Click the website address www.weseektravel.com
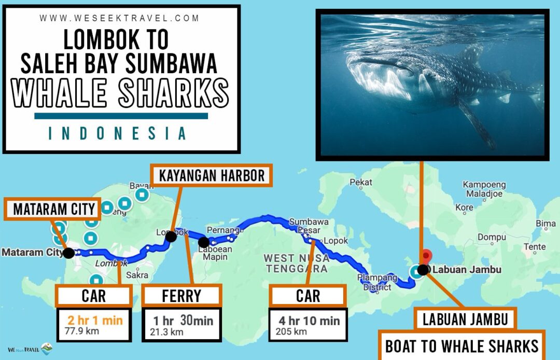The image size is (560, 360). tap(120, 18)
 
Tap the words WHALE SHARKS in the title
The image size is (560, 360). tap(121, 94)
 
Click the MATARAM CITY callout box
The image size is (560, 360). tap(54, 210)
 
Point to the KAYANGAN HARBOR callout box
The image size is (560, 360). tap(212, 176)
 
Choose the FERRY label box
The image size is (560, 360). tap(181, 296)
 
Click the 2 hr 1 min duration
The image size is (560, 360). tap(94, 320)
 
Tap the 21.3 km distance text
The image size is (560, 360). tap(167, 332)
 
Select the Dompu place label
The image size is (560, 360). tap(492, 237)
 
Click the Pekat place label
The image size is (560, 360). tap(361, 182)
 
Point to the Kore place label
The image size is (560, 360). tap(464, 207)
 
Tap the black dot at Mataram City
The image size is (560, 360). tap(68, 253)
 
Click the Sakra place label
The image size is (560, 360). tap(137, 275)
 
